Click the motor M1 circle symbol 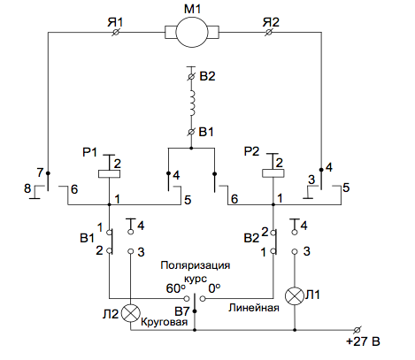pyautogui.click(x=192, y=32)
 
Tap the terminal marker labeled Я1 pyautogui.click(x=116, y=33)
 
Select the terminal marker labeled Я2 pyautogui.click(x=268, y=33)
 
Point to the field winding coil pyautogui.click(x=192, y=103)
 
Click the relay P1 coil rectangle pyautogui.click(x=109, y=174)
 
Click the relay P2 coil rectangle pyautogui.click(x=273, y=173)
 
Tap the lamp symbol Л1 pyautogui.click(x=295, y=296)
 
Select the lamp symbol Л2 pyautogui.click(x=131, y=313)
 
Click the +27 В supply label pyautogui.click(x=363, y=341)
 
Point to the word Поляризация pyautogui.click(x=196, y=265)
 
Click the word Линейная pyautogui.click(x=254, y=308)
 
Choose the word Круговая pyautogui.click(x=165, y=322)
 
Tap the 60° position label pyautogui.click(x=176, y=288)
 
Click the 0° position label pyautogui.click(x=214, y=288)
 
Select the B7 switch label pyautogui.click(x=181, y=311)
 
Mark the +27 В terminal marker pyautogui.click(x=357, y=330)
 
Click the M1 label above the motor pyautogui.click(x=192, y=9)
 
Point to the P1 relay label pyautogui.click(x=89, y=152)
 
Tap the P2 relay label pyautogui.click(x=251, y=151)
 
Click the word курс pyautogui.click(x=196, y=279)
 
